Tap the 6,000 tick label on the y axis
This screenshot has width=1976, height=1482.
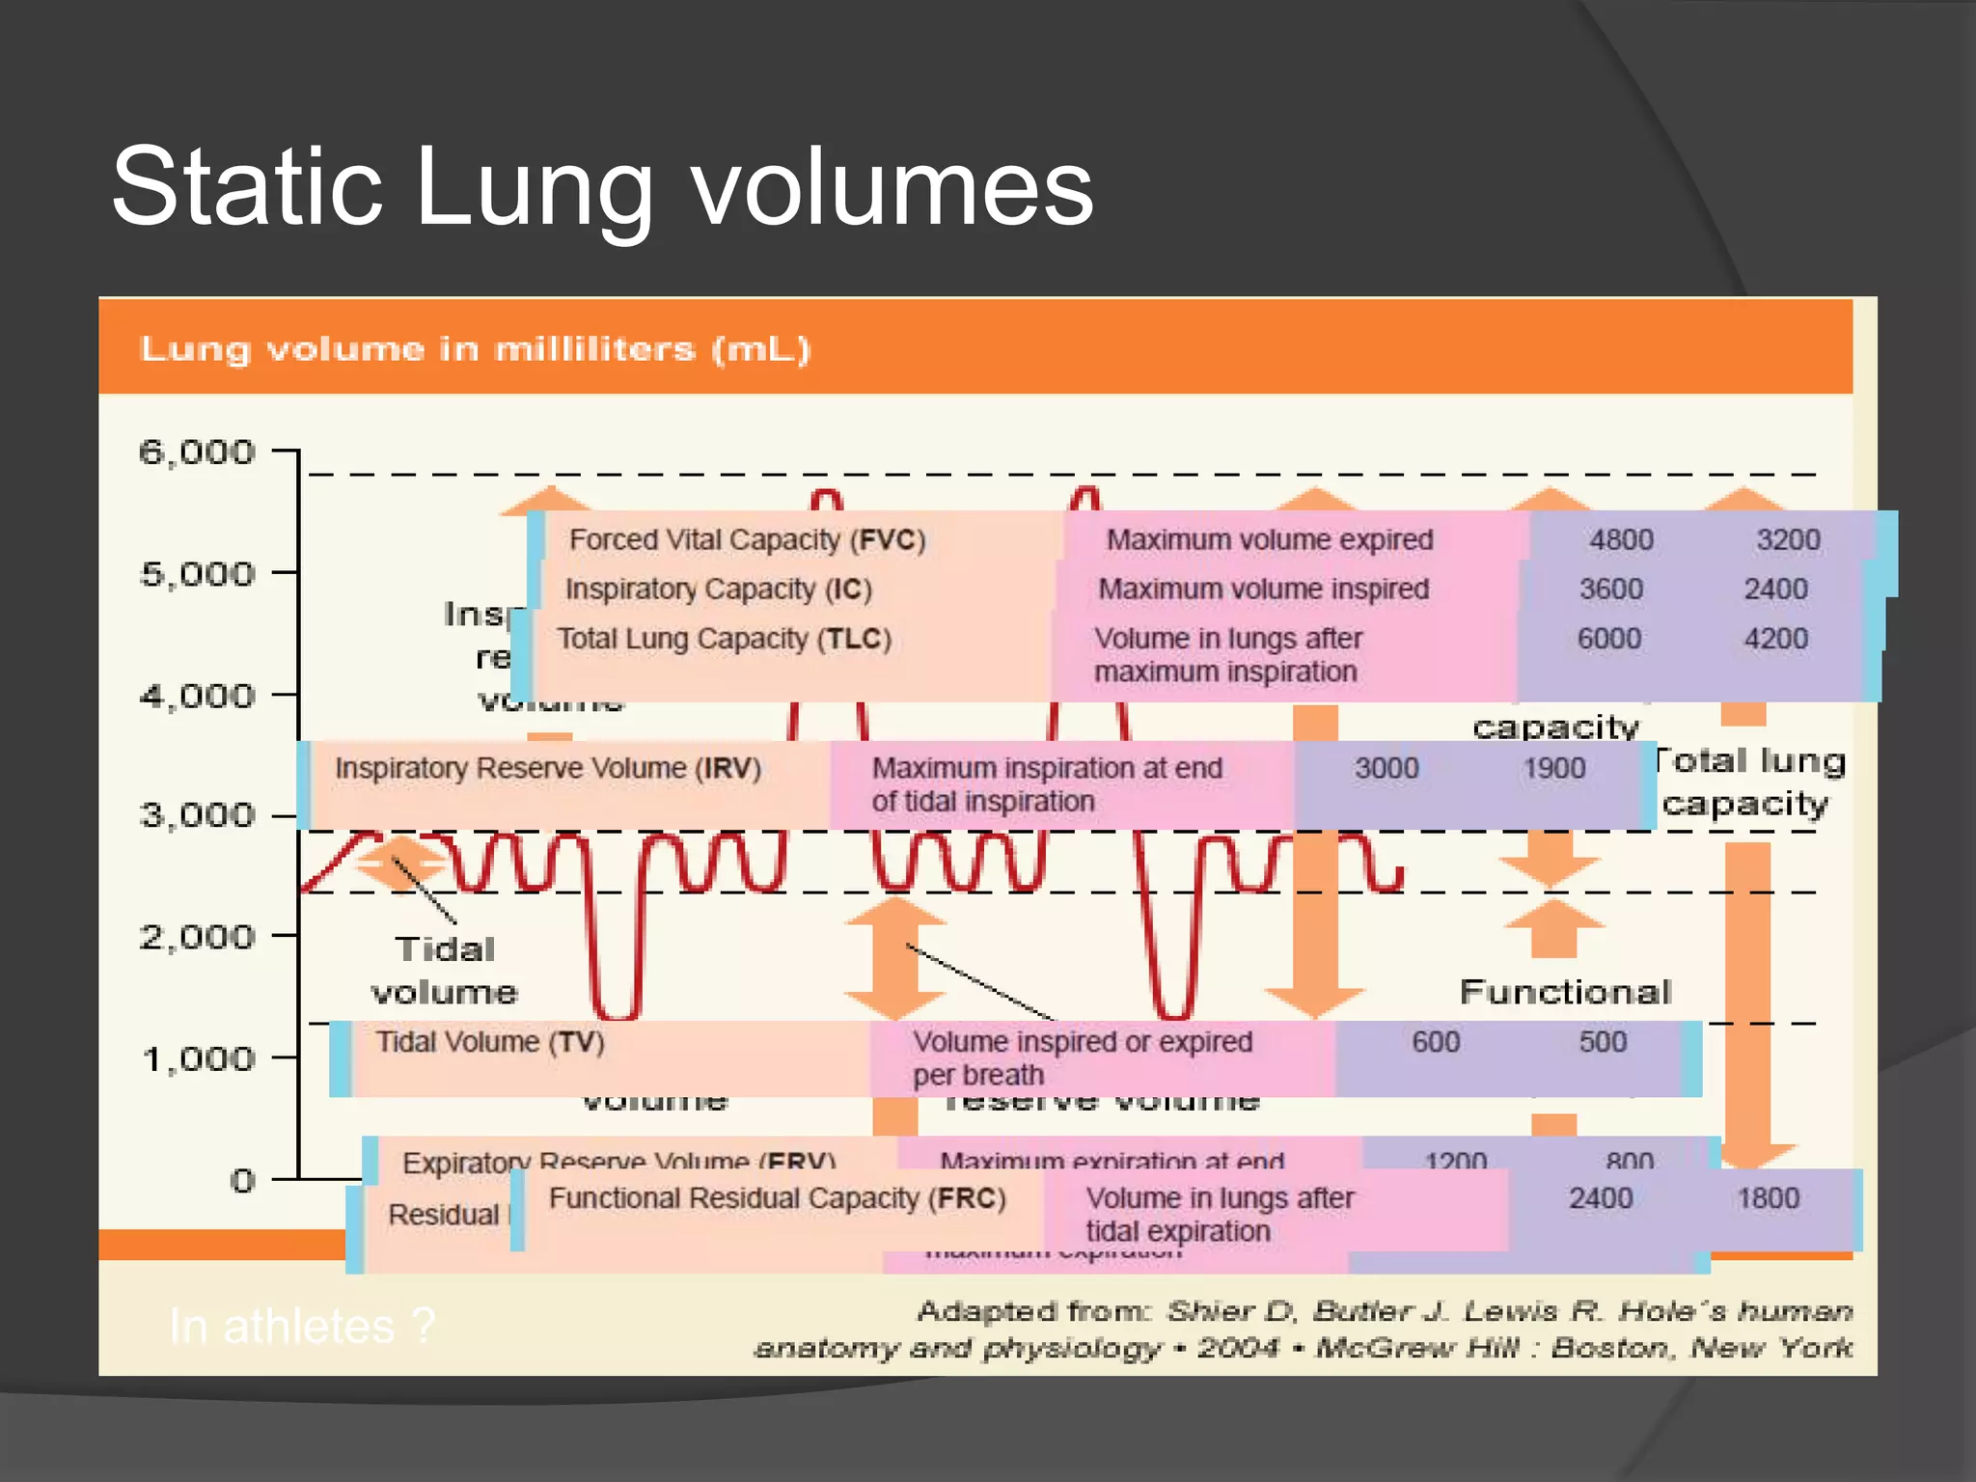pos(197,452)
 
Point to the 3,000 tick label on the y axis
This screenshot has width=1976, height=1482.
pos(197,815)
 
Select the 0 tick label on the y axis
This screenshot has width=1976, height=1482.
pos(242,1180)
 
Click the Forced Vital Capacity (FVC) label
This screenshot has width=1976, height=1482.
pos(747,539)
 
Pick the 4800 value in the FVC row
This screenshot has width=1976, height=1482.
pos(1621,539)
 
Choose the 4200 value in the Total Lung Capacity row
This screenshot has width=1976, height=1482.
pos(1775,639)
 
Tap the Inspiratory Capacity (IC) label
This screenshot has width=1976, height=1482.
pos(718,589)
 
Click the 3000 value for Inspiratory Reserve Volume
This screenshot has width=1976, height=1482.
pos(1386,768)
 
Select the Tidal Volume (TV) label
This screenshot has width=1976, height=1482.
pos(489,1042)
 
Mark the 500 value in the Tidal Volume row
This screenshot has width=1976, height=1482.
pos(1603,1042)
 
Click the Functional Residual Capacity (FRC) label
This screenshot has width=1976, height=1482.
pos(777,1198)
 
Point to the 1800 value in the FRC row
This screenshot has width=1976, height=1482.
pos(1768,1198)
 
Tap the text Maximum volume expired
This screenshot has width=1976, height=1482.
pos(1269,539)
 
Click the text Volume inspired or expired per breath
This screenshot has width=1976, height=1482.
pos(1082,1057)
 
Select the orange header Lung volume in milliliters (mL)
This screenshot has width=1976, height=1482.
pos(475,348)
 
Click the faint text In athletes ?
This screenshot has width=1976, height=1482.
pos(302,1326)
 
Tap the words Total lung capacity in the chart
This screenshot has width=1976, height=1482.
pos(1748,782)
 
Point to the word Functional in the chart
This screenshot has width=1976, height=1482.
pos(1565,991)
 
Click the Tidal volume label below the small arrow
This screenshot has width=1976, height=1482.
pos(444,970)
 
